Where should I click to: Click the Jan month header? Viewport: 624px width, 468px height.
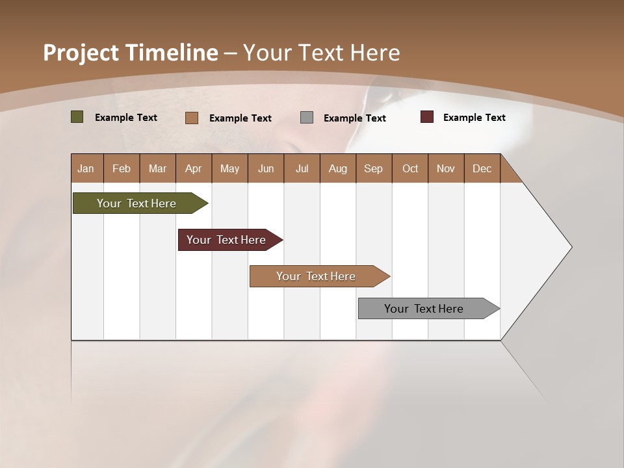[x=86, y=168]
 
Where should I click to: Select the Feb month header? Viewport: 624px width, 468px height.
[x=122, y=168]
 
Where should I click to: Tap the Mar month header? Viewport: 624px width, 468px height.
[x=157, y=168]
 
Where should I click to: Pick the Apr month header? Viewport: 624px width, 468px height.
[x=193, y=168]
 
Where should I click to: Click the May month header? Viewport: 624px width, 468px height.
[x=229, y=168]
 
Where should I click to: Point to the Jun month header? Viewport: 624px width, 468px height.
[x=266, y=168]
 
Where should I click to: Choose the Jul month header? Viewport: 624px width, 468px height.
[x=302, y=168]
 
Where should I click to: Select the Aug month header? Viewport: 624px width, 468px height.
[x=337, y=168]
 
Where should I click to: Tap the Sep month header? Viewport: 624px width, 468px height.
[x=373, y=168]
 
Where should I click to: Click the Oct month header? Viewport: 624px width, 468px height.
[x=410, y=168]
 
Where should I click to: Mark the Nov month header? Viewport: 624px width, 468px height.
[x=446, y=168]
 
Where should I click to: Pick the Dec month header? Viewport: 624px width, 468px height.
[x=482, y=168]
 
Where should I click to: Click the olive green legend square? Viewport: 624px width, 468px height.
[x=77, y=117]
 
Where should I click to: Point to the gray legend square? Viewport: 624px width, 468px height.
[x=307, y=118]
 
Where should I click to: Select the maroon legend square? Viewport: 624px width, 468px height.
[x=426, y=117]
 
